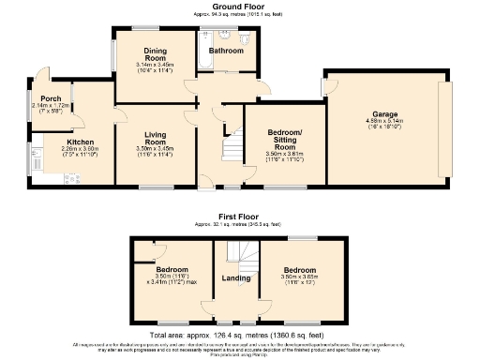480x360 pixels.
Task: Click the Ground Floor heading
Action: pos(238,7)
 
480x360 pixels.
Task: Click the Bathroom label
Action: pos(226,51)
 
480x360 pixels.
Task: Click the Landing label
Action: pos(235,277)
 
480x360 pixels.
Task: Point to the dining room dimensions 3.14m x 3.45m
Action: pos(156,64)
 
